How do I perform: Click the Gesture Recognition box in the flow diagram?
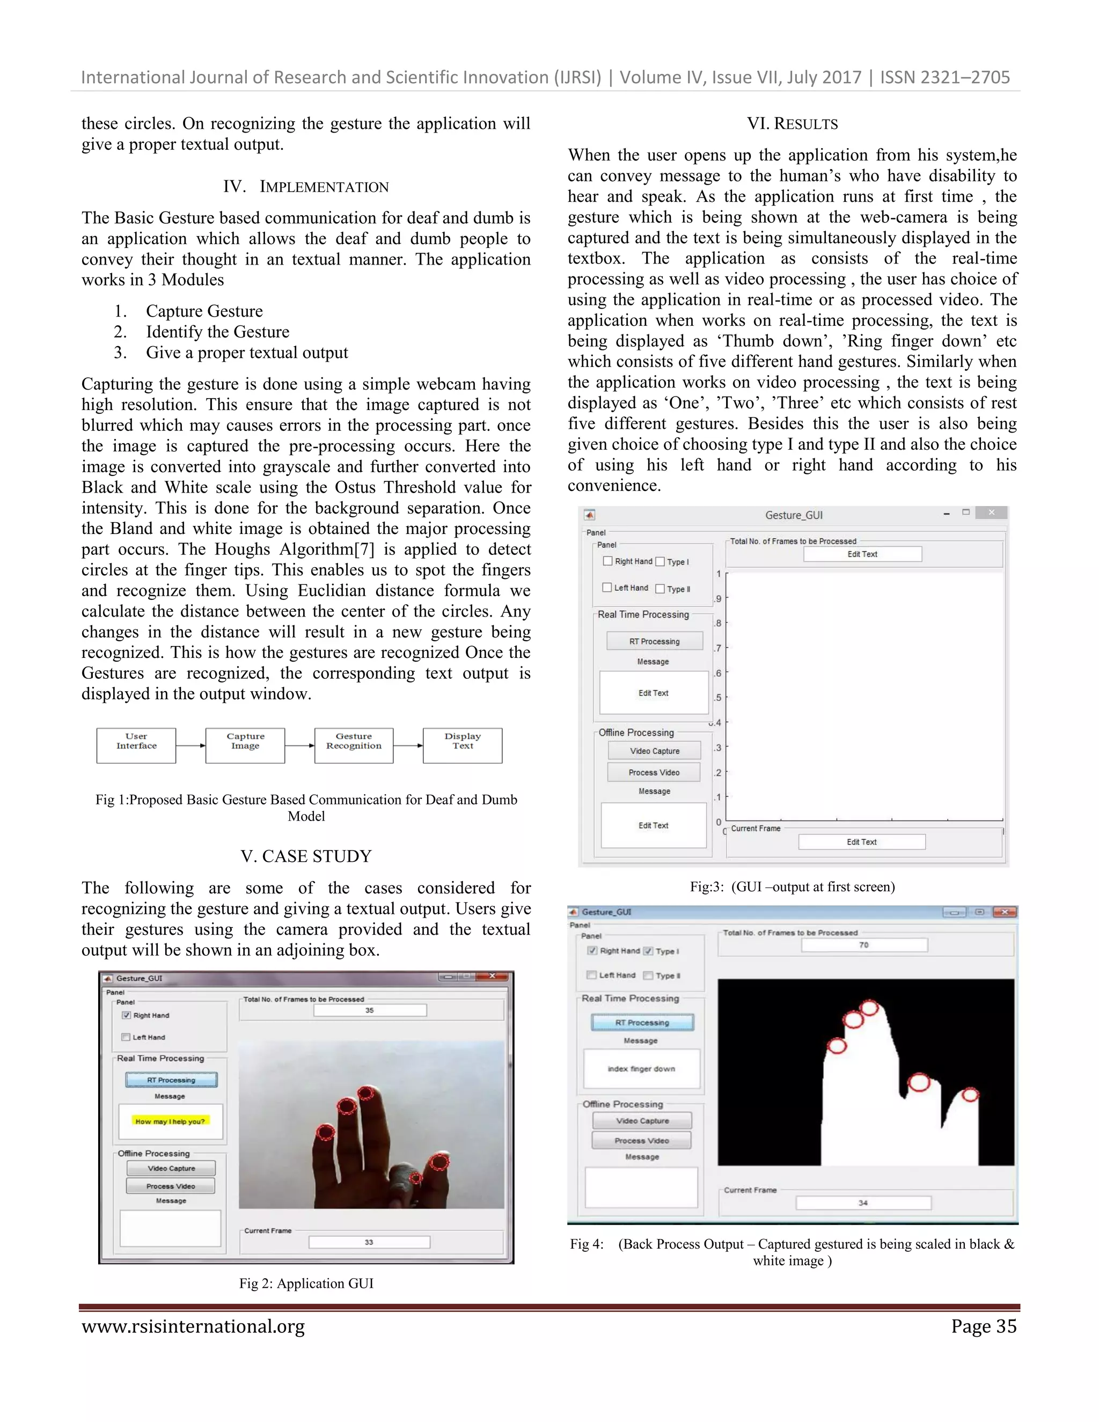(x=354, y=745)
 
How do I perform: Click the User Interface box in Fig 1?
(x=136, y=745)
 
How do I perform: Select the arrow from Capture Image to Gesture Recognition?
(x=299, y=745)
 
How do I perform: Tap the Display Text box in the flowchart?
(x=462, y=745)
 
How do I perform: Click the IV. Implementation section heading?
(x=305, y=187)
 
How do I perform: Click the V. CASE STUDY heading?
(x=306, y=856)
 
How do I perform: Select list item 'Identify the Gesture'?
(x=217, y=332)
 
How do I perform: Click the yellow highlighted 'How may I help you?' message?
(x=170, y=1121)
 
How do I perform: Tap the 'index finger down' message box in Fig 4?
(x=641, y=1068)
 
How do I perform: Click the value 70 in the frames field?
(x=863, y=945)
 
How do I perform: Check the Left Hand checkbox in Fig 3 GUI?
(x=607, y=587)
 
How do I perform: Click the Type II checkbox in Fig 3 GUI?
(x=660, y=589)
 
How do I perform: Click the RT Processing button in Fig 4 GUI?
(x=642, y=1022)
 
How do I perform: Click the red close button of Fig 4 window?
(x=1005, y=912)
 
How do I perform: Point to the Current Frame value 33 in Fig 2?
(x=369, y=1242)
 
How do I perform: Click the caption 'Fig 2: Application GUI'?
(x=306, y=1284)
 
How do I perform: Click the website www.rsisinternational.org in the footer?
(x=193, y=1326)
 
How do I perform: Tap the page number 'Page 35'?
(x=983, y=1326)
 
